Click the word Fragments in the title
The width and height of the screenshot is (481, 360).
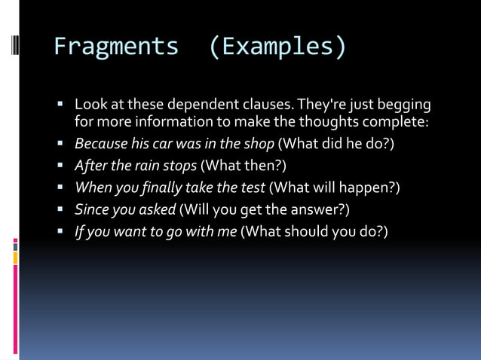(115, 47)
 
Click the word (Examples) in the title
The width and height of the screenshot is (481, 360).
(277, 47)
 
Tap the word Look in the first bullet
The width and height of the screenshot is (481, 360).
(90, 104)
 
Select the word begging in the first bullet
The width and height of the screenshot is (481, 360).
(405, 104)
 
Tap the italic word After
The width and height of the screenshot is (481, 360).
(90, 165)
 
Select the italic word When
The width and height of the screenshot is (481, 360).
(92, 187)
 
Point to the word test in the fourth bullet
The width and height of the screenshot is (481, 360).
(252, 187)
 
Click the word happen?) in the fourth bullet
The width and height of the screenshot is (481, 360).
(369, 187)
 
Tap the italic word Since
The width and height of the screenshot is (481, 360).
(90, 209)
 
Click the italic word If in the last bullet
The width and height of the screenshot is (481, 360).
(78, 230)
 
